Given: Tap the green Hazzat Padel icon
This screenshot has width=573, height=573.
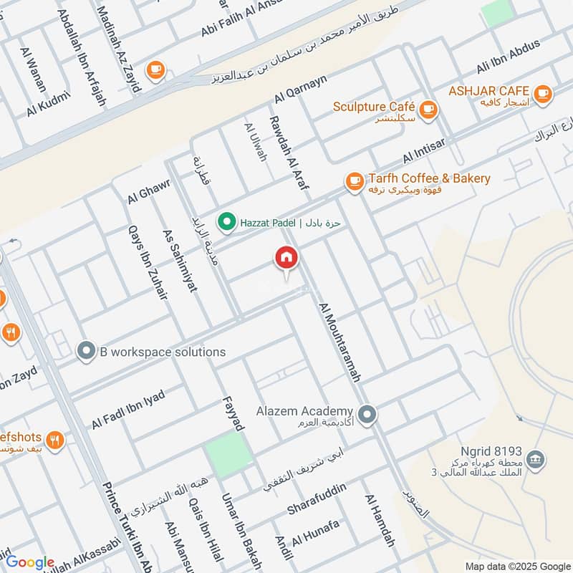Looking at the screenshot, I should (x=227, y=223).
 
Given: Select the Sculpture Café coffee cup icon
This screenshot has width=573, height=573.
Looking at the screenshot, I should (x=428, y=109).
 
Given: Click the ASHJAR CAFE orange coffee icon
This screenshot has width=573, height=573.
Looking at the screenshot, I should (x=543, y=92).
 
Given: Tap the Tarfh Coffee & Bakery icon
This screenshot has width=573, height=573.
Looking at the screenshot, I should (x=354, y=182).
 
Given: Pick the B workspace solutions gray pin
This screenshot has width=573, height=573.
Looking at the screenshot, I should (x=87, y=351).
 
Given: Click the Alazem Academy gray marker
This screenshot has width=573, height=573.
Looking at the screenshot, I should (x=367, y=415).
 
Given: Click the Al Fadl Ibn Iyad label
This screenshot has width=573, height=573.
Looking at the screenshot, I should (x=128, y=410).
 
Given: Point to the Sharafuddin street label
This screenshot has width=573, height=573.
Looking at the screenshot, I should (x=317, y=499).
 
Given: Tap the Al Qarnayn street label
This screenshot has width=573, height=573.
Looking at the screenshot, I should (x=300, y=90).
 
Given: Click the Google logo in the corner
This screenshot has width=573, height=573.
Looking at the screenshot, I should (x=29, y=562).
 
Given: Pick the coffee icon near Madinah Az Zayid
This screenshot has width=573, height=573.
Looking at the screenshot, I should (x=155, y=69).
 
